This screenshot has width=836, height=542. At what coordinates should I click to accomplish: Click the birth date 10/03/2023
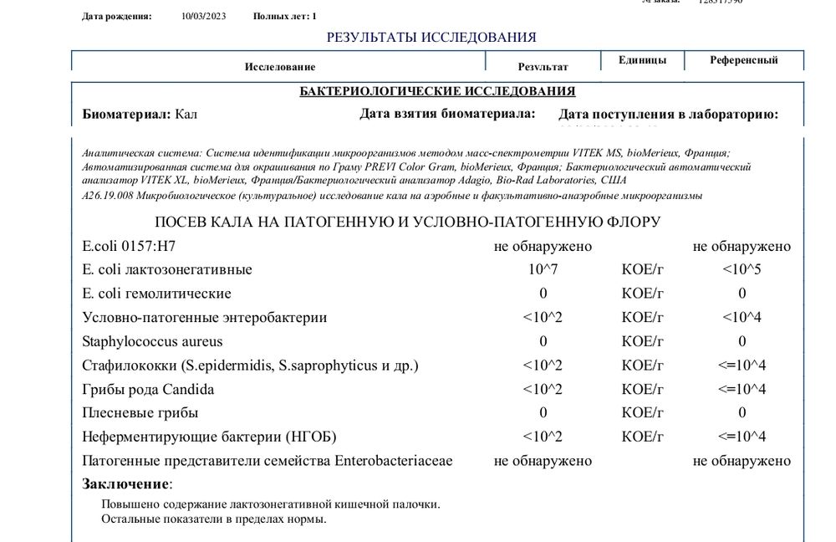204,16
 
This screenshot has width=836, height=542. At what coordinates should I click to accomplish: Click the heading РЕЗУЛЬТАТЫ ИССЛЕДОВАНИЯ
431,37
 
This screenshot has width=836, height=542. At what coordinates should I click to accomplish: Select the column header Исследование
279,66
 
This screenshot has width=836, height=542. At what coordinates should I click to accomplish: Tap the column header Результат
543,66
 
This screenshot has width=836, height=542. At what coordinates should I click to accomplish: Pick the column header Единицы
642,60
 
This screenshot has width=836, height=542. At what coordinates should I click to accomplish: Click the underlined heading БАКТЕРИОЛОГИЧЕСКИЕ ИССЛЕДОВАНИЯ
437,91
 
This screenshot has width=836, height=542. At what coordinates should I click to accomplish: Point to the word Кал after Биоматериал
186,115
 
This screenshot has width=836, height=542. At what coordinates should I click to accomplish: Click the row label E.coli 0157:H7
129,246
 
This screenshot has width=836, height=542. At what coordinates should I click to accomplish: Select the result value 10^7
543,269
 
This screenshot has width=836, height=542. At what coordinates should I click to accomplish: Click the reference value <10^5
742,269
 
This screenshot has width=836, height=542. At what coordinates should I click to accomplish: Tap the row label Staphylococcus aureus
152,341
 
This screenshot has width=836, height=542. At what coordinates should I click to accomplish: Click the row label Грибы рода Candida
148,389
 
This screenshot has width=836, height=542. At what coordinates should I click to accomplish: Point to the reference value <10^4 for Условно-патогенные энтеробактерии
742,317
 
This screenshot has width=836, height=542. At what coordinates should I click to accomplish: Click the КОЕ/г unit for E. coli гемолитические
643,294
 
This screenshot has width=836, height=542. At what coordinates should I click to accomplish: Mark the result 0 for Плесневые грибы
543,412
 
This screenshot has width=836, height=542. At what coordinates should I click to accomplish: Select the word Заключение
125,483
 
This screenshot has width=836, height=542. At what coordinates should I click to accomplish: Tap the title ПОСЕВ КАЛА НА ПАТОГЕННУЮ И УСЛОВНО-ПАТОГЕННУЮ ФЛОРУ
408,222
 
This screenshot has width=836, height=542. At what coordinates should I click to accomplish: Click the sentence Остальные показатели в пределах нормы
213,519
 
